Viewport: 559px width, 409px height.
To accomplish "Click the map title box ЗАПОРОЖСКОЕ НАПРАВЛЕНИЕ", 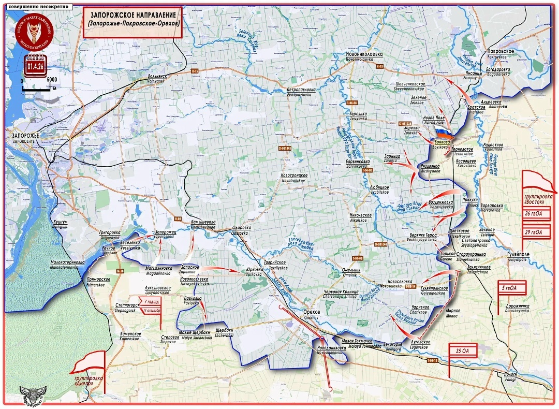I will [133, 20].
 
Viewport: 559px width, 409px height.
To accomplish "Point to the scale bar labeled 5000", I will [39, 84].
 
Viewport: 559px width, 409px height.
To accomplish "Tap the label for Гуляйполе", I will [520, 257].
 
